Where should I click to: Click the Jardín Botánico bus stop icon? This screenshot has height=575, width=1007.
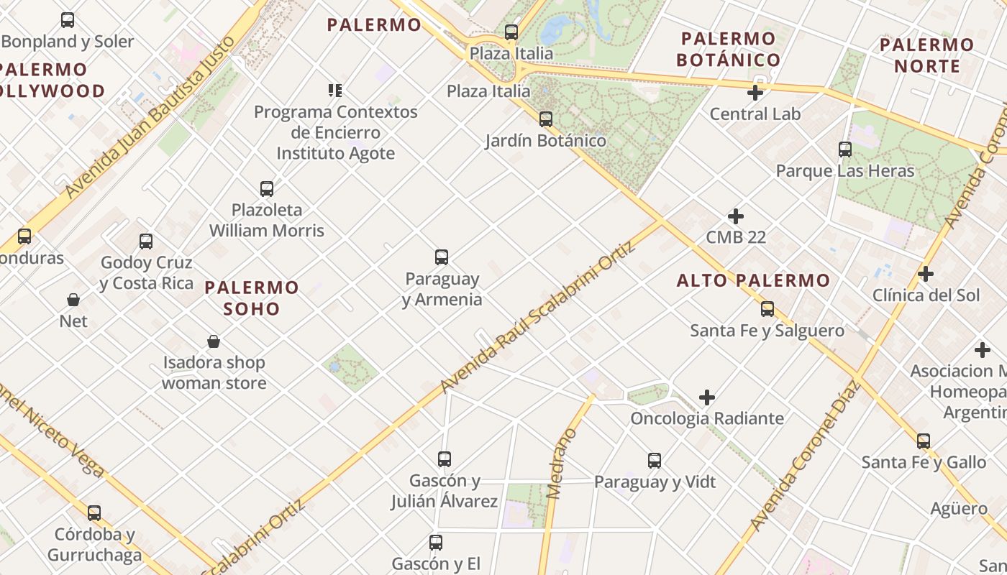click(546, 119)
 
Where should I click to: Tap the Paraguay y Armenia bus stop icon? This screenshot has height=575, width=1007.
click(442, 257)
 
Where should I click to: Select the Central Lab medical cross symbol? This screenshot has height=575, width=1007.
click(755, 92)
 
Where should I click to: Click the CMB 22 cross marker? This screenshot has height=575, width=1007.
click(735, 216)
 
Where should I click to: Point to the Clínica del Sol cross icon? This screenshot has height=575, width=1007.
click(926, 274)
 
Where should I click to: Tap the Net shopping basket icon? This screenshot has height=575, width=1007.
click(73, 299)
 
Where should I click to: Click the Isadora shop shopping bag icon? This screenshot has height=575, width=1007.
click(213, 341)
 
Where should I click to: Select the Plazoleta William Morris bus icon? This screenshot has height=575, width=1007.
click(267, 188)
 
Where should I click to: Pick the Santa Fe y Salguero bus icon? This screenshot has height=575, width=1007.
click(767, 309)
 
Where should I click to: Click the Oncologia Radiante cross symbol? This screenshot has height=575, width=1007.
click(707, 397)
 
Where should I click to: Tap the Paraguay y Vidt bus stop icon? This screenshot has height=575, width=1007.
click(654, 460)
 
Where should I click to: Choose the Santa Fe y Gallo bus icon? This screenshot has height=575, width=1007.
click(924, 441)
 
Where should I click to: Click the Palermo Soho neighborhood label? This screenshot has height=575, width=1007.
click(251, 298)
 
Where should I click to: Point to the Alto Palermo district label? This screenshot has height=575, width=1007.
click(753, 280)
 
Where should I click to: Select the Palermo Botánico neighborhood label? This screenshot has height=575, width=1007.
click(728, 49)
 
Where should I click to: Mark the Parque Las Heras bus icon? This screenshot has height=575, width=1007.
click(845, 149)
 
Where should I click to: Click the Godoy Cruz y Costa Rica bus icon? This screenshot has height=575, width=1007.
click(146, 241)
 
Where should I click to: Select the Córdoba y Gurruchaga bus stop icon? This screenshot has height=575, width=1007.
click(94, 513)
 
